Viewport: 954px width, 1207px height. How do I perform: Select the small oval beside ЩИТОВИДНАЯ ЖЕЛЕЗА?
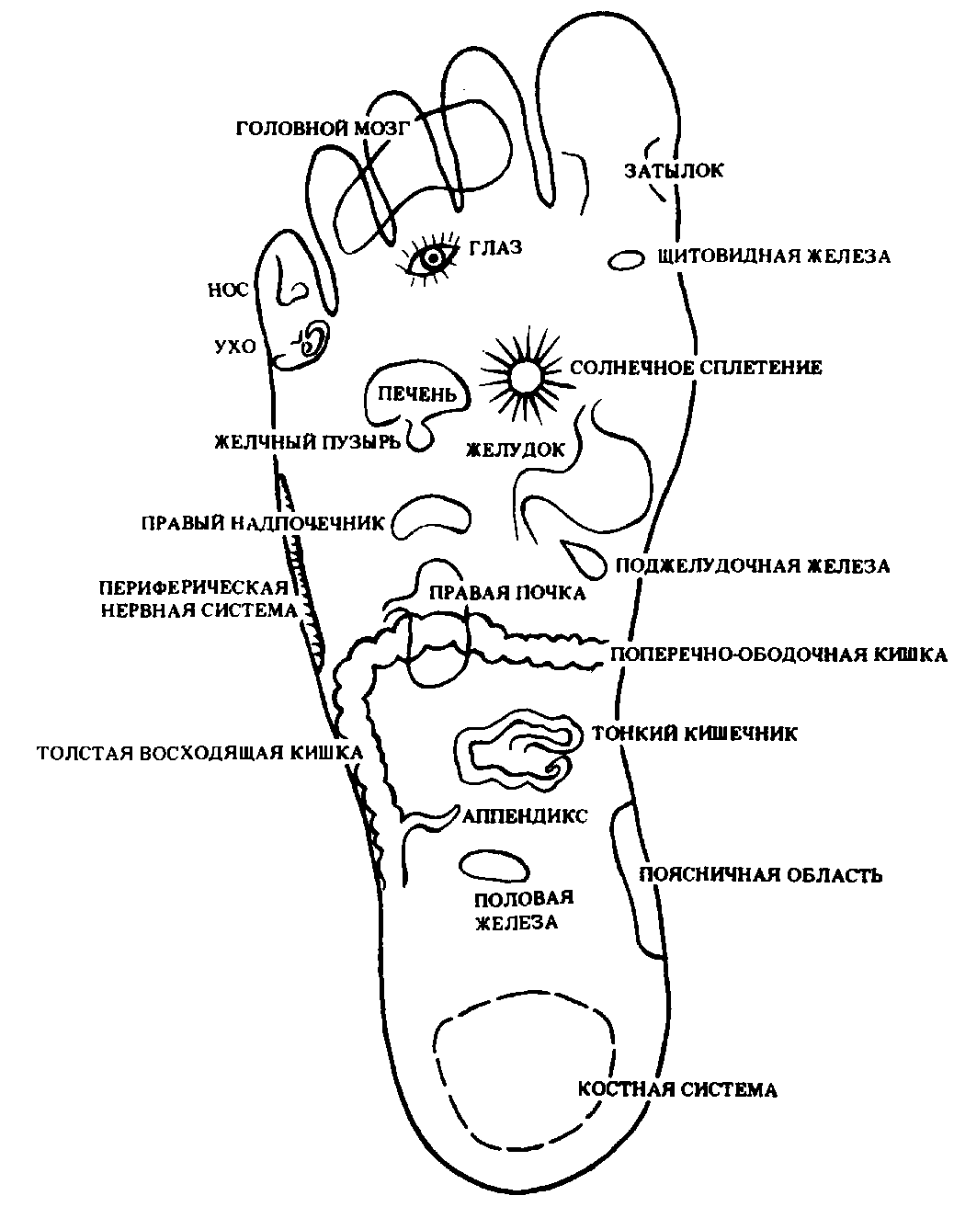click(627, 260)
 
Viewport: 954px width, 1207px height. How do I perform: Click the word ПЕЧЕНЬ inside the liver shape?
click(412, 395)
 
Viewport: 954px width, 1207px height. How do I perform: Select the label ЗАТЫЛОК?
click(675, 171)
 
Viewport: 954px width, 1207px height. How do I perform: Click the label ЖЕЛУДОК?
click(515, 450)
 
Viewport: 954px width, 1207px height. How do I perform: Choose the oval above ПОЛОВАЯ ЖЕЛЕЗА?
click(494, 866)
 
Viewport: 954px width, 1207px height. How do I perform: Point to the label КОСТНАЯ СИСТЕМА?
click(677, 1090)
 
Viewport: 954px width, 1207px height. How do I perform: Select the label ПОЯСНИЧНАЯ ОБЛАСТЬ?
click(760, 874)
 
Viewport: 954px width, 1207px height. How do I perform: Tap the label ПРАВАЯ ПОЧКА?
click(506, 593)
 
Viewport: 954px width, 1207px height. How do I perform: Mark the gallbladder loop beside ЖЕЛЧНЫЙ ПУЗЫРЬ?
click(419, 437)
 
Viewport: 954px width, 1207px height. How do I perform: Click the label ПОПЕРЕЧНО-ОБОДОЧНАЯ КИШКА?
click(778, 655)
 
